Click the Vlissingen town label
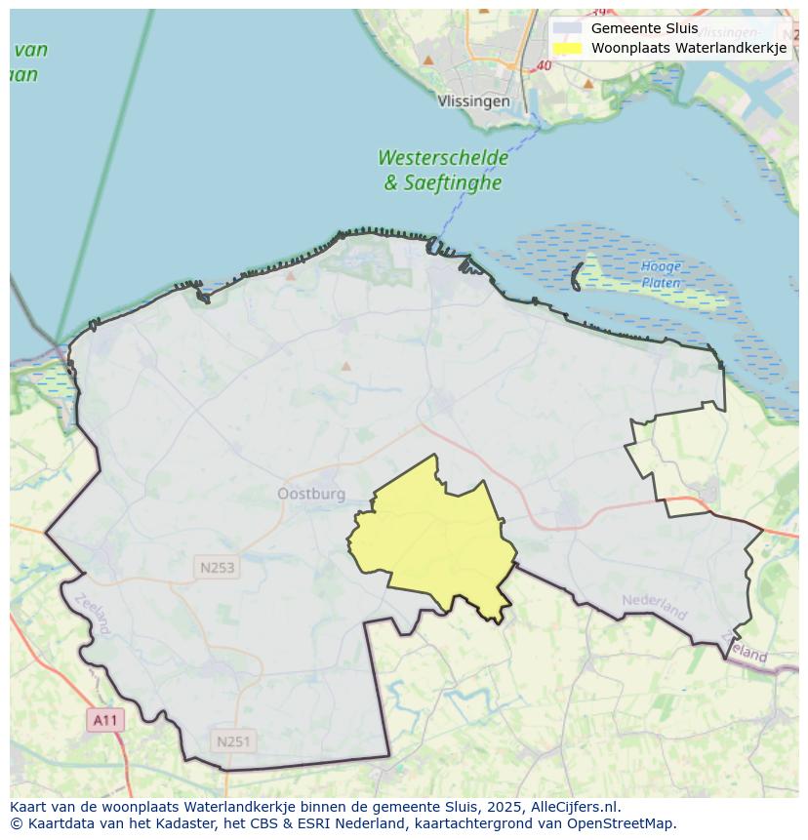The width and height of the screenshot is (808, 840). pos(474,100)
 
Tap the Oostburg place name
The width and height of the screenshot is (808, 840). pos(311,494)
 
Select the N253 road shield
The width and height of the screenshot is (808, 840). pos(217,567)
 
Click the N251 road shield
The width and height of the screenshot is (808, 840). pos(233,741)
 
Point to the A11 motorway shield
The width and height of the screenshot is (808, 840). pos(104,721)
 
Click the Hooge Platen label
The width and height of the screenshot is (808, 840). pos(661,274)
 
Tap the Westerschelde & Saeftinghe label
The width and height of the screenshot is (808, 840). pos(443,170)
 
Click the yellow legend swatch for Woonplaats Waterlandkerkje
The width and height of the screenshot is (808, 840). pos(567,48)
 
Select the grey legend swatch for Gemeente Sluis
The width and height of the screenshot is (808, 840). pos(567,28)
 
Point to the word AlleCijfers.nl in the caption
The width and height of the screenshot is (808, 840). pos(575,807)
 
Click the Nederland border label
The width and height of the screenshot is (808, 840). pos(655,606)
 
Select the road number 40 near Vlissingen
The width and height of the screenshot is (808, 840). pos(544,66)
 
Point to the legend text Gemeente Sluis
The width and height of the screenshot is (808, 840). pos(644,28)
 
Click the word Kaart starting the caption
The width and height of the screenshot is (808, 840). pos(29,807)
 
